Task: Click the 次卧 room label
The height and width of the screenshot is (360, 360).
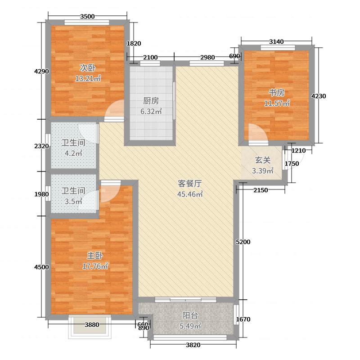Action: click(88, 68)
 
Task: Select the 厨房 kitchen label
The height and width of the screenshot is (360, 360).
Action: click(151, 101)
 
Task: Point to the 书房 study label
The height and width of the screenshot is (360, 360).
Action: click(277, 93)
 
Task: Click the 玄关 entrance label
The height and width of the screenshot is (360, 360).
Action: click(263, 160)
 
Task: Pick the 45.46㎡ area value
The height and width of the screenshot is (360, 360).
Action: click(189, 194)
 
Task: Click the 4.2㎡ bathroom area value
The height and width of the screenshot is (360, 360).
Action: click(73, 153)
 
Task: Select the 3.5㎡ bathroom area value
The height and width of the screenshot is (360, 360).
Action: click(73, 201)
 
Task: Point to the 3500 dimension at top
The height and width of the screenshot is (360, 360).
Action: click(87, 17)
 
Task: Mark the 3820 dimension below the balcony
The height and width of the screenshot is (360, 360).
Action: click(193, 345)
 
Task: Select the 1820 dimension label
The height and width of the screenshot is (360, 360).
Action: click(134, 44)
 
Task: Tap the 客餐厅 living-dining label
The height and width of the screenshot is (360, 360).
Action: click(189, 184)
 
